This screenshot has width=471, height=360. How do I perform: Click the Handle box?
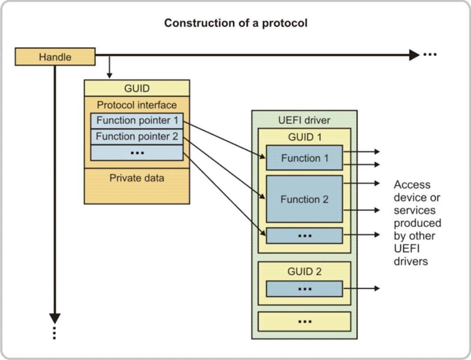[55, 57]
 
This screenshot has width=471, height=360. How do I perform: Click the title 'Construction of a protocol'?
[235, 23]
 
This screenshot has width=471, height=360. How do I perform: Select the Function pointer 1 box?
[137, 121]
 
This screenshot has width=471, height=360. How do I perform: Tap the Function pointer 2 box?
[137, 137]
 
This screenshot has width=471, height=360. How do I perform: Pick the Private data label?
[137, 177]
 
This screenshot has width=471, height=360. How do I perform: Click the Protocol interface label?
[137, 105]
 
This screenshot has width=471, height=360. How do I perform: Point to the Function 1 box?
[304, 158]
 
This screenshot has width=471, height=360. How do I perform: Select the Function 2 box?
[304, 199]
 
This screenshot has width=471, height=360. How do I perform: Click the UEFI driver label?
[304, 121]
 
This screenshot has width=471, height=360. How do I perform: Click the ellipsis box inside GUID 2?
[304, 289]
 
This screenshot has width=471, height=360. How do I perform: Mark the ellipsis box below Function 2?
[304, 235]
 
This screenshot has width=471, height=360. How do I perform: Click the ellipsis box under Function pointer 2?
[137, 152]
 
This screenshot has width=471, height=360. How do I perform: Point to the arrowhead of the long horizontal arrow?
[413, 55]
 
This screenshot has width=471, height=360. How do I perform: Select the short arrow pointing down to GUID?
[108, 68]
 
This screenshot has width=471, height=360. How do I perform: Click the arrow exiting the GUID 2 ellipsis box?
[361, 289]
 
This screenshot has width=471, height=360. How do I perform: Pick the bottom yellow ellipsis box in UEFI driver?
[304, 321]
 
